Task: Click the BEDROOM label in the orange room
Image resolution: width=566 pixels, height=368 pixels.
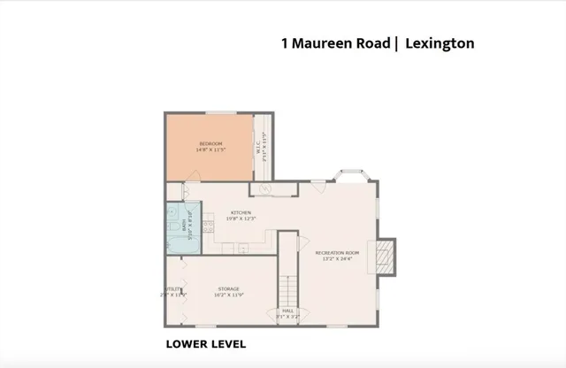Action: point(210,143)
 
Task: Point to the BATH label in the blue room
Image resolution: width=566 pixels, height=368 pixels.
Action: point(184,227)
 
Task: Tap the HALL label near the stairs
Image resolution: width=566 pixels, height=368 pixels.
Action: point(287,310)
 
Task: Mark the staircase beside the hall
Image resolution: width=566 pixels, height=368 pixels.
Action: point(287,288)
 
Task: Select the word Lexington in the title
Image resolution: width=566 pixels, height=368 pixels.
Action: point(440,42)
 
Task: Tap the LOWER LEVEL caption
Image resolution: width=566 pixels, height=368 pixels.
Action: point(206,343)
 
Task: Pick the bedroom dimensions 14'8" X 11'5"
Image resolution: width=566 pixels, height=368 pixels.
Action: point(210,149)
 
